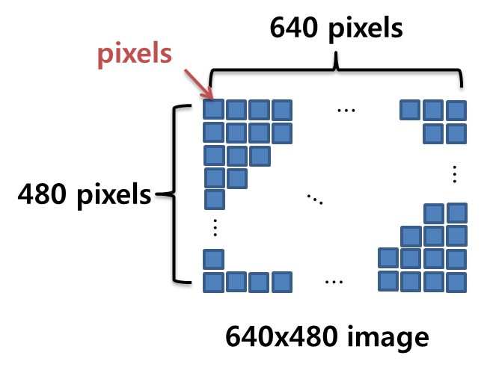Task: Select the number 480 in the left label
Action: point(46,196)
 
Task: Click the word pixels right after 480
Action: point(114,196)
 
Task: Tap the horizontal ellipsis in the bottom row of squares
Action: point(334,282)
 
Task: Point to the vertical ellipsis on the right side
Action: point(455,173)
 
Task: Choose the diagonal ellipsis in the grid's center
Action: point(314,199)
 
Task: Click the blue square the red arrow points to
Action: point(215,111)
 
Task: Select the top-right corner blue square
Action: point(455,111)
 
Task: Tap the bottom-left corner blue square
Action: point(215,283)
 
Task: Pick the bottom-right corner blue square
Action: point(455,282)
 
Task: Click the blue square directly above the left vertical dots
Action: point(215,200)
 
